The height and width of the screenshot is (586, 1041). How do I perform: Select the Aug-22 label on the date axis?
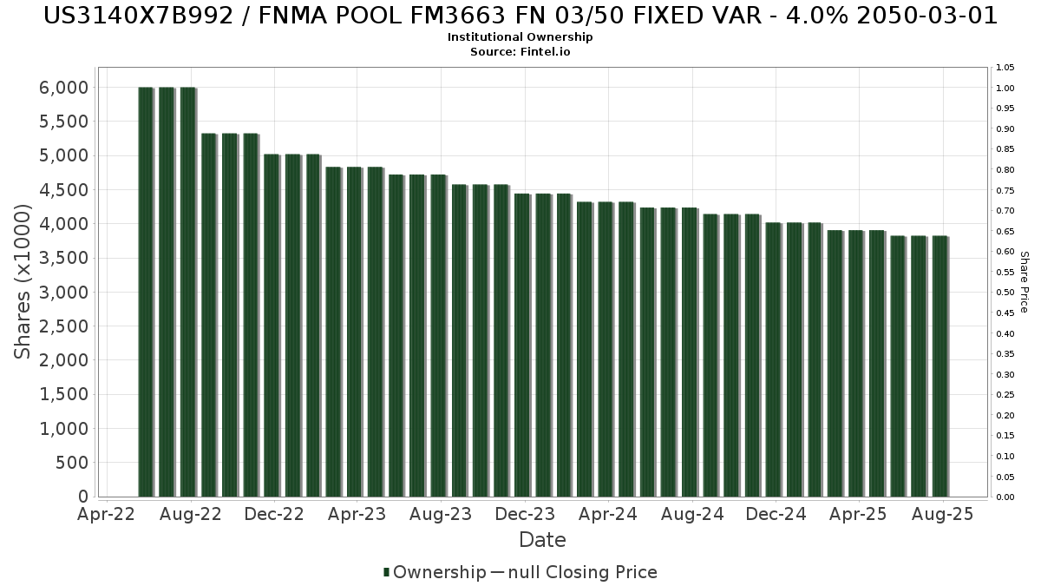192,515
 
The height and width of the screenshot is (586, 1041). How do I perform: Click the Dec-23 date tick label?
525,515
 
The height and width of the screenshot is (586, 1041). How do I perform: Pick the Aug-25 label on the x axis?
942,515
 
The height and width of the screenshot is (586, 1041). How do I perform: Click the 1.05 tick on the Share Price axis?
1005,68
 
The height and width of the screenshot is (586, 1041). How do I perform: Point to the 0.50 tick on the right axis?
1005,293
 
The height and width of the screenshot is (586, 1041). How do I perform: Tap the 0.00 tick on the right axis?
1005,497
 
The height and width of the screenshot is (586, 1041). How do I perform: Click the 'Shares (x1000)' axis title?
23,281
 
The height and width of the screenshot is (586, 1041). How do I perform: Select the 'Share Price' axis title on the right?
1024,281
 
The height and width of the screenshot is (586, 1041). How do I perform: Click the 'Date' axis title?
542,540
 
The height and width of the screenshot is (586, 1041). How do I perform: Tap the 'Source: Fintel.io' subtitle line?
520,51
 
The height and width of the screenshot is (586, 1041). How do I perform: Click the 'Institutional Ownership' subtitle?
520,37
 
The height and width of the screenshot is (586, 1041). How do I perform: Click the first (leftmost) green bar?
146,292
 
